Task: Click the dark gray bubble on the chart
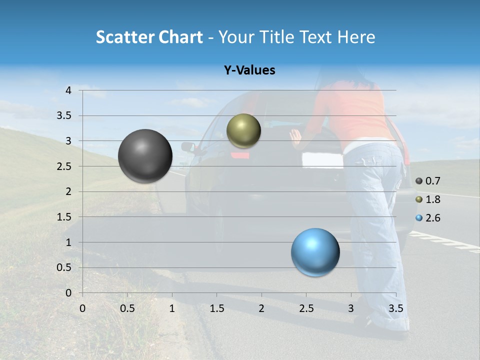(x=145, y=156)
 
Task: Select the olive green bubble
(x=243, y=131)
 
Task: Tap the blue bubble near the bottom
(x=315, y=252)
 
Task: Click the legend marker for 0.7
(x=419, y=181)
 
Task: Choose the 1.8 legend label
(x=432, y=199)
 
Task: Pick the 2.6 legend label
(x=432, y=218)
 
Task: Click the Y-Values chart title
(x=249, y=70)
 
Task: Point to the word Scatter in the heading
(x=124, y=37)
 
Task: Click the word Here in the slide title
(x=356, y=37)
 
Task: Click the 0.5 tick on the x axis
(x=127, y=308)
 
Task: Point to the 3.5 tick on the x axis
(x=395, y=308)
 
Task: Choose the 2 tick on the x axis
(x=261, y=308)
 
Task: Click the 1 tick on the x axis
(x=172, y=308)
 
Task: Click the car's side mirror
(x=188, y=147)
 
